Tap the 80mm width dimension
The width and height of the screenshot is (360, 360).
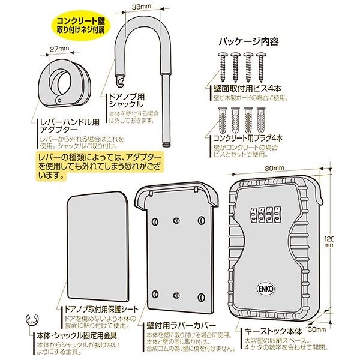pyautogui.click(x=276, y=168)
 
